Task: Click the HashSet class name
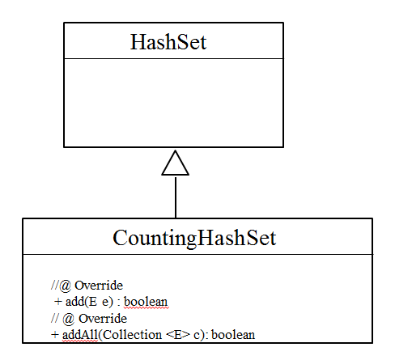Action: coord(168,42)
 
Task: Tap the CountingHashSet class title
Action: coord(194,238)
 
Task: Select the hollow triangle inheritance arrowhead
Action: coord(176,163)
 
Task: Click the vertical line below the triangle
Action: coord(176,197)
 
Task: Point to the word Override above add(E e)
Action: coord(99,286)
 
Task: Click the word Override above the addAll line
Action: coord(103,319)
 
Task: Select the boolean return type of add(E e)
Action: coord(146,302)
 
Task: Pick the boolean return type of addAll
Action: coord(233,335)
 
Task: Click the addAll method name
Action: coord(80,335)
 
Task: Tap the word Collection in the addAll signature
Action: coord(132,335)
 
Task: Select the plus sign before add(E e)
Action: coord(58,302)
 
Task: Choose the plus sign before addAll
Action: coord(55,335)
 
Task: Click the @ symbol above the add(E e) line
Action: coord(65,286)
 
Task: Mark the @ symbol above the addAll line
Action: coord(69,319)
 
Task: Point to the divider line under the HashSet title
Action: coord(174,58)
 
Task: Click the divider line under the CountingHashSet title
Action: coord(197,254)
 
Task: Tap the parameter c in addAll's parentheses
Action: coord(197,336)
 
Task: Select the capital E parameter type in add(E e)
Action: coord(93,302)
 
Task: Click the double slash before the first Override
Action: coord(55,286)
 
